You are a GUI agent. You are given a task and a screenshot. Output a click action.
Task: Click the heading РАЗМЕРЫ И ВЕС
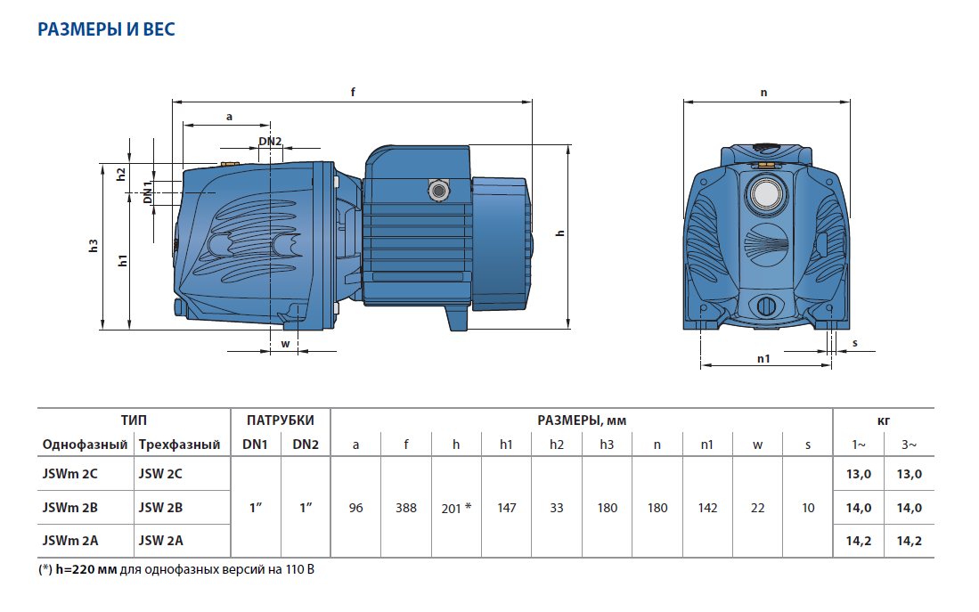[x=106, y=29]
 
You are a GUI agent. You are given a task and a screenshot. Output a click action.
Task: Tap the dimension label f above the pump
[x=354, y=92]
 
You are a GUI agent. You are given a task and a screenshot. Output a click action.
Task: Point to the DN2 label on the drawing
[x=270, y=142]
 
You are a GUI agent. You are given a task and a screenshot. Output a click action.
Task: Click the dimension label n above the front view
[x=764, y=92]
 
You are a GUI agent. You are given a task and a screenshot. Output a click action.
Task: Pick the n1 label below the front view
[x=763, y=358]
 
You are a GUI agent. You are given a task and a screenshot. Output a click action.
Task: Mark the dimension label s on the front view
[x=854, y=343]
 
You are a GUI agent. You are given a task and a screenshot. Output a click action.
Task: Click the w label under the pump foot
[x=285, y=344]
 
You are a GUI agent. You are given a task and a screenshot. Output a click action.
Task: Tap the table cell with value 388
[x=406, y=508]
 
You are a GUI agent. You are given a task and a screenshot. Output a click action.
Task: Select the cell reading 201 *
[x=456, y=508]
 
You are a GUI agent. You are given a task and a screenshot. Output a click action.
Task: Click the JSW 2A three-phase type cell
[x=160, y=540]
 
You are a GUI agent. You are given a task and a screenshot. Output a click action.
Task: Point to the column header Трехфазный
[x=179, y=445]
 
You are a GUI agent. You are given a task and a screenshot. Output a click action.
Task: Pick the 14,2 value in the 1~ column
[x=858, y=540]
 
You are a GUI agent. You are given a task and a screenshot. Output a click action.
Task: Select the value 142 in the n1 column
[x=707, y=508]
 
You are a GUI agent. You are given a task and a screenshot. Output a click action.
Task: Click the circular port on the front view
[x=763, y=192]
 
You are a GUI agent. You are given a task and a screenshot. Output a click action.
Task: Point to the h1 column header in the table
[x=506, y=445]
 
